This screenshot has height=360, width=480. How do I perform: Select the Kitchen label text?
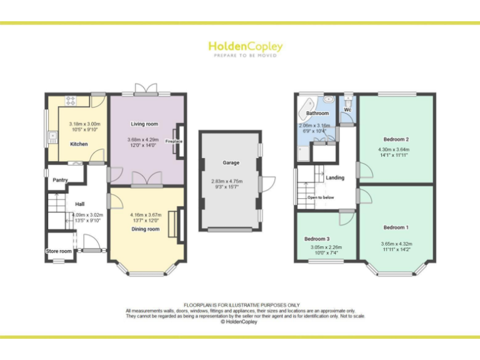79,144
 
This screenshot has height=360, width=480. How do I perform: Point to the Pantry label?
60,180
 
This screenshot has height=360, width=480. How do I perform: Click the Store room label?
59,251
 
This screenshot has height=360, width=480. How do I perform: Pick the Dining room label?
145,229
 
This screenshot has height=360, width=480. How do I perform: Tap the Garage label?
231,162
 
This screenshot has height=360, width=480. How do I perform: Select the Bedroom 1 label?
396,227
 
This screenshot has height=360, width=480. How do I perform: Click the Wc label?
347,111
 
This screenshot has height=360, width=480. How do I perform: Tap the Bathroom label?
317,113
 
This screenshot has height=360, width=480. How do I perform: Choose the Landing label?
335,178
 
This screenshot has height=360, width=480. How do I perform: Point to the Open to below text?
321,197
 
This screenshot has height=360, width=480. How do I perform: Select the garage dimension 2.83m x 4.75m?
231,181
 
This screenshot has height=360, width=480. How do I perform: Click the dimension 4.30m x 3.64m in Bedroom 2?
396,150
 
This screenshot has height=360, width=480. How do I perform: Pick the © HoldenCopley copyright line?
239,322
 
